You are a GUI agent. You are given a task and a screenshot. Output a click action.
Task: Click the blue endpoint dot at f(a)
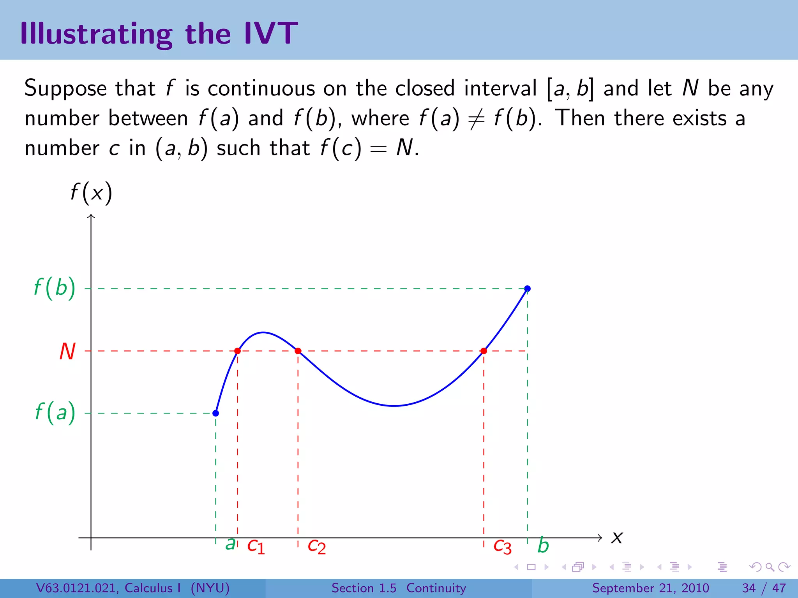pyautogui.click(x=215, y=413)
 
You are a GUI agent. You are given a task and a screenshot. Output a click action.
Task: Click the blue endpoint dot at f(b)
pyautogui.click(x=527, y=288)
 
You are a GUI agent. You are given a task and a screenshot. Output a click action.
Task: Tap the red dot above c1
pyautogui.click(x=237, y=351)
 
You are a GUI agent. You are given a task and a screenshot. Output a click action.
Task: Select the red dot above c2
pyautogui.click(x=298, y=351)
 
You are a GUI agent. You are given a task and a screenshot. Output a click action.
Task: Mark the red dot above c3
pyautogui.click(x=484, y=351)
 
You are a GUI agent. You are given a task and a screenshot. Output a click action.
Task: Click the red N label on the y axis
pyautogui.click(x=67, y=352)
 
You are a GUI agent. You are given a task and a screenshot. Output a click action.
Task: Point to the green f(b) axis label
pyautogui.click(x=55, y=288)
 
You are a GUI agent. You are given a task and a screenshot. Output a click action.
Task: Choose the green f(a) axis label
pyautogui.click(x=55, y=413)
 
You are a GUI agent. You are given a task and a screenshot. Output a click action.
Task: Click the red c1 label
pyautogui.click(x=256, y=546)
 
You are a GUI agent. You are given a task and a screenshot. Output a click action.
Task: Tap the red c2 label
pyautogui.click(x=316, y=546)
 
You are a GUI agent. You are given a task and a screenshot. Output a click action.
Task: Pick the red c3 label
pyautogui.click(x=502, y=546)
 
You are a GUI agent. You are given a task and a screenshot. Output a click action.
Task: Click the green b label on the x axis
pyautogui.click(x=543, y=545)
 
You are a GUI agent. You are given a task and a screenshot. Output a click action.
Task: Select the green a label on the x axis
pyautogui.click(x=230, y=543)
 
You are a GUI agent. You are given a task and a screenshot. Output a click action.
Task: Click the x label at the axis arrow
pyautogui.click(x=617, y=538)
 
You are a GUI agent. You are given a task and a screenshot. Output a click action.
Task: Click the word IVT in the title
pyautogui.click(x=271, y=33)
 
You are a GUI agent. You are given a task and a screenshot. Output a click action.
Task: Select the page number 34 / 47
pyautogui.click(x=764, y=588)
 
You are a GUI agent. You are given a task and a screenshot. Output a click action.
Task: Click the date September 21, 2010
pyautogui.click(x=650, y=588)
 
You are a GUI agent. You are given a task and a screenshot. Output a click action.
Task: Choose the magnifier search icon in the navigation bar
pyautogui.click(x=770, y=567)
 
